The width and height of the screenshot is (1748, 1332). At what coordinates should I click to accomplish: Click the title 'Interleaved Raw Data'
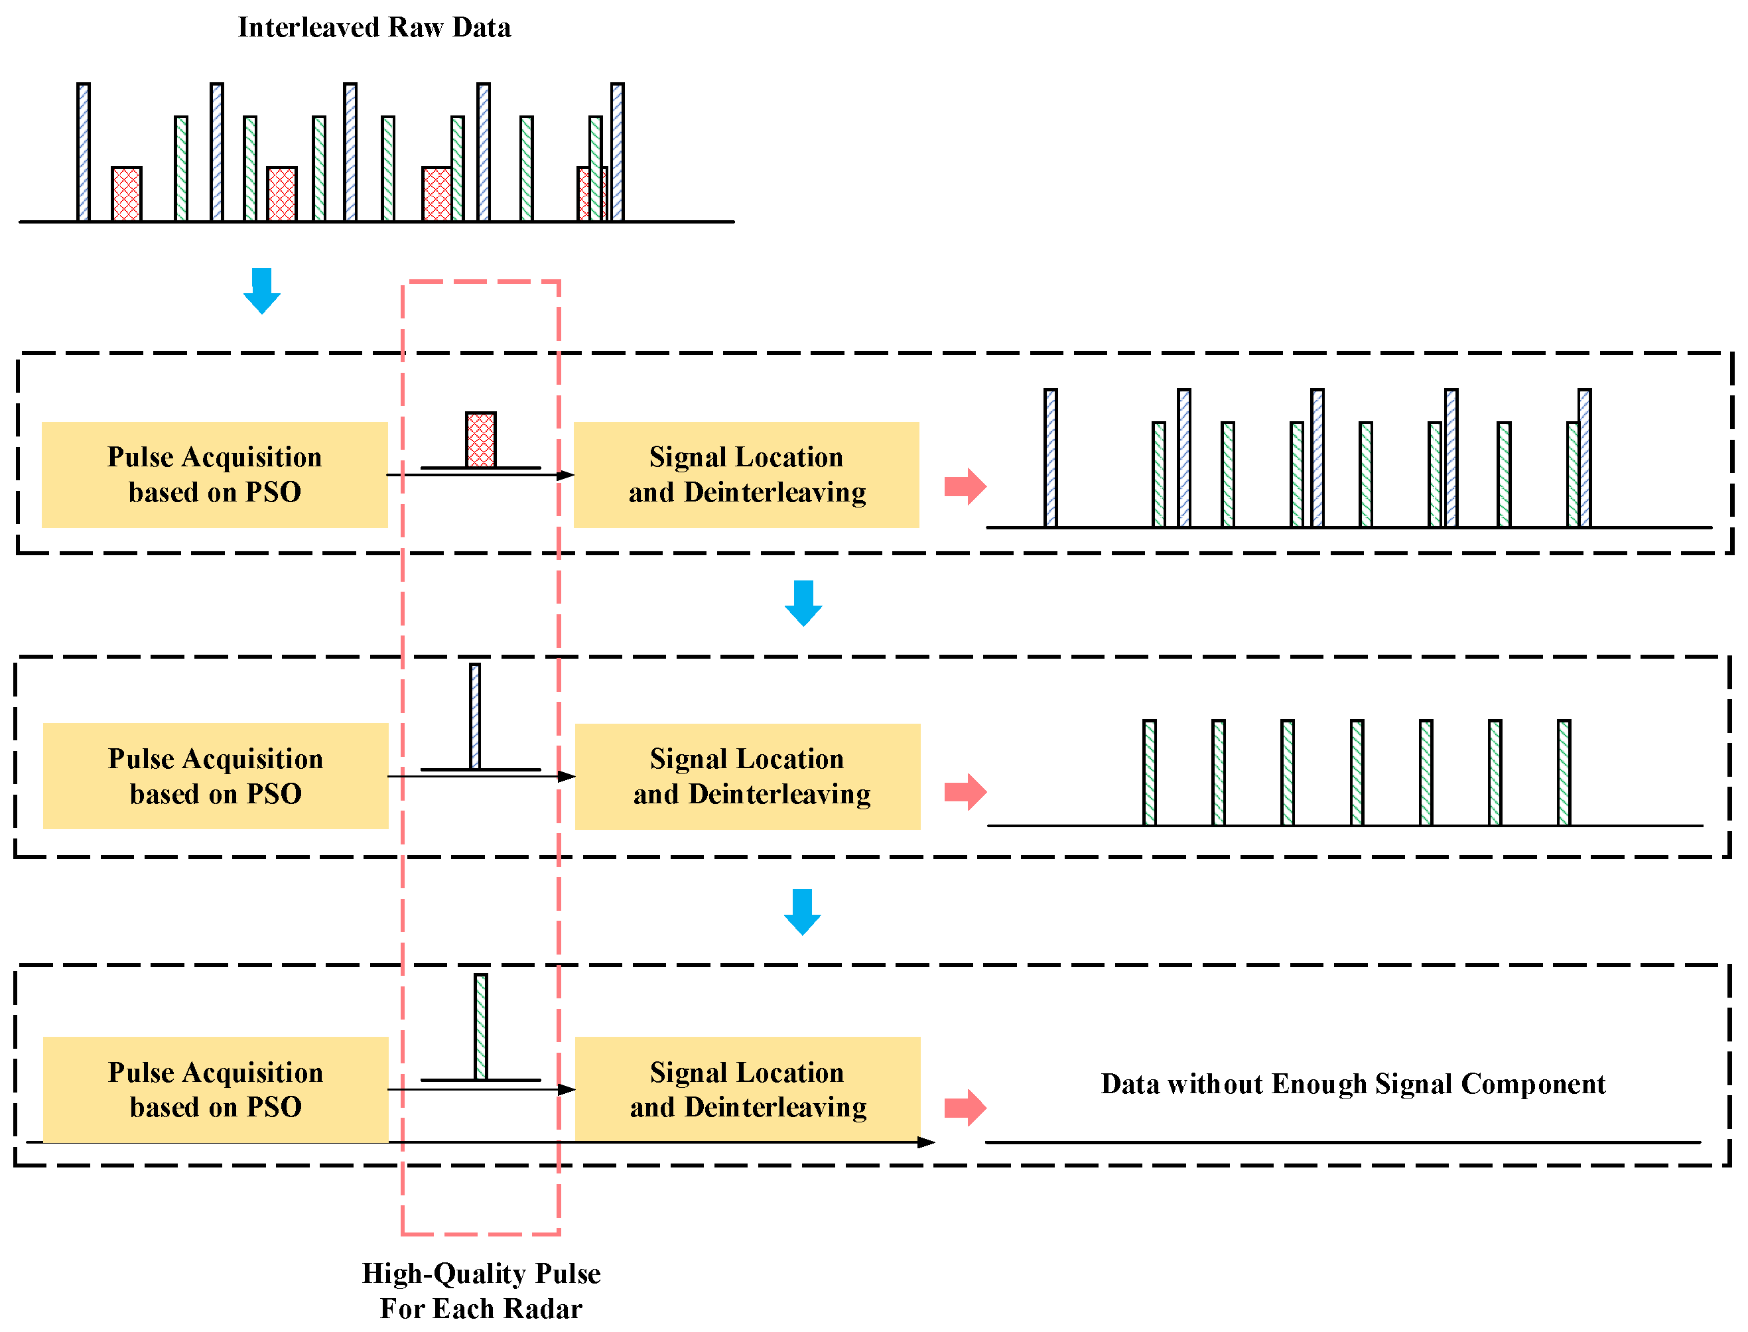tap(374, 28)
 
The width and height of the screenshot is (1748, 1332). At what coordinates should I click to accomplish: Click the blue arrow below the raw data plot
tap(261, 290)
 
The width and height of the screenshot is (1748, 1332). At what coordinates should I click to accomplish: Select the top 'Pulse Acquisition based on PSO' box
tap(214, 474)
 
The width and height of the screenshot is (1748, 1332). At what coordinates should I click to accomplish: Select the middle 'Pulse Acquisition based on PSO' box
tap(215, 775)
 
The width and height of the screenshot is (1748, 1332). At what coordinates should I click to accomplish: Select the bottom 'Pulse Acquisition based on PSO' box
tap(215, 1089)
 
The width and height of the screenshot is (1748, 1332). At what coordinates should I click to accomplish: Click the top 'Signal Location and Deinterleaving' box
tap(746, 474)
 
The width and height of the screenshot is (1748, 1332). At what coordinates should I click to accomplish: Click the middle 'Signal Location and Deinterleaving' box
tap(747, 775)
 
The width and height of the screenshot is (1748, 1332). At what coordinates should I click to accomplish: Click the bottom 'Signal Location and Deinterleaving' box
tap(747, 1089)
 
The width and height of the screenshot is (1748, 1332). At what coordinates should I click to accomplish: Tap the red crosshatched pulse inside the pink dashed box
tap(480, 439)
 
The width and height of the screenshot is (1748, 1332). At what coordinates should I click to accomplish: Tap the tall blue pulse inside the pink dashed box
tap(475, 716)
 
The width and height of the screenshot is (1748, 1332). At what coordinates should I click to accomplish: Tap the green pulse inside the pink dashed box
tap(480, 1026)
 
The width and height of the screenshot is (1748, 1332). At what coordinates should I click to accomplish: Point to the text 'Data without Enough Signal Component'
tap(1353, 1083)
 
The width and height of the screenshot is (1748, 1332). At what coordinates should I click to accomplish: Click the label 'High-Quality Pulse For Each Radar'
tap(481, 1290)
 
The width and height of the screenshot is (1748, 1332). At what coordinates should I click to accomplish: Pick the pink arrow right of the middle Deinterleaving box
tap(965, 791)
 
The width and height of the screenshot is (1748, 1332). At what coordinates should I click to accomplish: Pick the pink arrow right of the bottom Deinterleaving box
tap(965, 1107)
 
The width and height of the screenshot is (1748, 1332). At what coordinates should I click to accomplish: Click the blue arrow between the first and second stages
tap(803, 602)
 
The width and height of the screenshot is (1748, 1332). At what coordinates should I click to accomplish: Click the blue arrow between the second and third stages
tap(802, 911)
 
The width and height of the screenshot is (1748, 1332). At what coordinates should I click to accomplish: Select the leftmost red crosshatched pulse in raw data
tap(127, 194)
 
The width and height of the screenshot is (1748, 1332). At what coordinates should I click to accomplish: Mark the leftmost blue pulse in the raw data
tap(83, 151)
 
